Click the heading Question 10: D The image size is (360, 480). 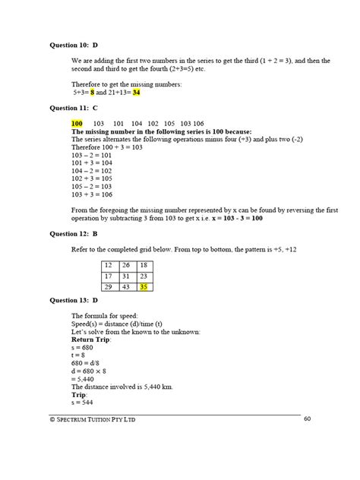click(74, 45)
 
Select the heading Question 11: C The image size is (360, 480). click(74, 108)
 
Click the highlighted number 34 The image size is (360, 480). click(136, 93)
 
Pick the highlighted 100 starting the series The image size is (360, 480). click(77, 123)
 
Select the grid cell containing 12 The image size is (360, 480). click(108, 265)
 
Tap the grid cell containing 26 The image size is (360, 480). click(125, 265)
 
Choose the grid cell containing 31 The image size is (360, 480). click(125, 276)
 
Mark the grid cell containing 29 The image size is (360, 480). click(108, 286)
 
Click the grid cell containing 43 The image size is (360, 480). click(125, 286)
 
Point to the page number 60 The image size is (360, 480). click(307, 418)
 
